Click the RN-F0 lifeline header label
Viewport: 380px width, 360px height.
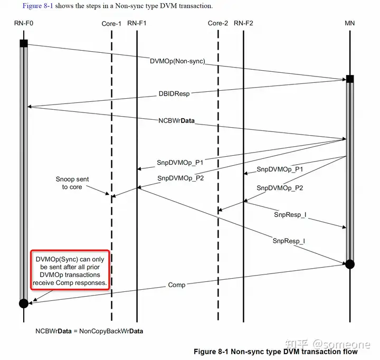pos(23,23)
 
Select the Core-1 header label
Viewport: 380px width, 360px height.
pos(111,23)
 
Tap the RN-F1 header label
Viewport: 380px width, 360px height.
pos(137,23)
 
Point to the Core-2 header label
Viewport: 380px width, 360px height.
pos(218,23)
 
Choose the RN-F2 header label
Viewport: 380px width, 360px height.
pos(243,23)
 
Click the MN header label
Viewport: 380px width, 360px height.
pos(349,23)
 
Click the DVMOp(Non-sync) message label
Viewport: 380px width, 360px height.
pos(177,61)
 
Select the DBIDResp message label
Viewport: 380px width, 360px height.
pos(174,94)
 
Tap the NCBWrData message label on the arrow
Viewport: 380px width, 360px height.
pos(176,120)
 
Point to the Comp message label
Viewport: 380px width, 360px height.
pos(177,285)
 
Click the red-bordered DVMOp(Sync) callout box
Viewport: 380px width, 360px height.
pos(70,271)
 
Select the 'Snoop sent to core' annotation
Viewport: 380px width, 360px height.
pos(72,183)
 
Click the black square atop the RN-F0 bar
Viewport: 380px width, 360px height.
pos(23,43)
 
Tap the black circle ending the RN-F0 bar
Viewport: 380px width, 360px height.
pos(23,303)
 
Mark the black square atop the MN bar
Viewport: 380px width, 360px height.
pos(349,79)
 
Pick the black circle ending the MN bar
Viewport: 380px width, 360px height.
pos(349,264)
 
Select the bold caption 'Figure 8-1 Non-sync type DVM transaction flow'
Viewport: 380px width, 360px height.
pos(275,352)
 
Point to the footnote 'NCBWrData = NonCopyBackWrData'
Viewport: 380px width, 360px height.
pos(89,331)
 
